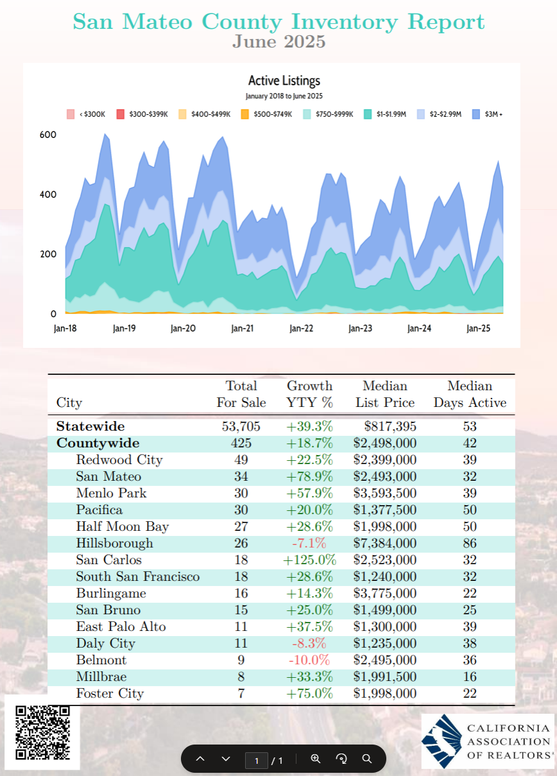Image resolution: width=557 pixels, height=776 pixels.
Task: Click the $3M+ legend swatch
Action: point(476,114)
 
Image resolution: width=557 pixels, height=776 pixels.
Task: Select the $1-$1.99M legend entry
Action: point(384,114)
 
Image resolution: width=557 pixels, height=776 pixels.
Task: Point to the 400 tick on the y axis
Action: point(47,194)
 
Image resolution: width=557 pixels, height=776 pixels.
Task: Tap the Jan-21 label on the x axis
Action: point(242,328)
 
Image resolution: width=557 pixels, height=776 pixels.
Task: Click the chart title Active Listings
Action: point(284,80)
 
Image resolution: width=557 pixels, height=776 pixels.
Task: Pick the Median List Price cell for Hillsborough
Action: point(384,543)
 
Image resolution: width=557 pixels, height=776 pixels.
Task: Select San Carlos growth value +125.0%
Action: point(310,560)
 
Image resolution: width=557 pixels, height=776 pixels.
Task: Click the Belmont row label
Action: point(101,660)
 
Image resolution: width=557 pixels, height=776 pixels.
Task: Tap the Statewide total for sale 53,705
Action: point(241,426)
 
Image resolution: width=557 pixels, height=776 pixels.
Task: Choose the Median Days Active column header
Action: point(470,394)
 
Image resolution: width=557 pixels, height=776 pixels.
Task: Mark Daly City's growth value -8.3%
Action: point(309,643)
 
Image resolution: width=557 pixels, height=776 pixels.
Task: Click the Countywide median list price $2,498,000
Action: point(384,443)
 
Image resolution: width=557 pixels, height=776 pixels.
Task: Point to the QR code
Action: point(42,732)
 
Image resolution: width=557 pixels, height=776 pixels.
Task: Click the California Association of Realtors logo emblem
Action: point(442,741)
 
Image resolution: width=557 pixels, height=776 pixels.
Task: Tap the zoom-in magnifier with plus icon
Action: point(316,758)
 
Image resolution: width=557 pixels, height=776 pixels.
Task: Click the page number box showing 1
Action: point(256,760)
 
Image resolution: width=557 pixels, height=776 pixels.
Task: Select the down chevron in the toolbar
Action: point(226,759)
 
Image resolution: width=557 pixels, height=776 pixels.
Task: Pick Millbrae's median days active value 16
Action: point(470,677)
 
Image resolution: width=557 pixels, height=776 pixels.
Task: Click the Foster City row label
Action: point(110,693)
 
